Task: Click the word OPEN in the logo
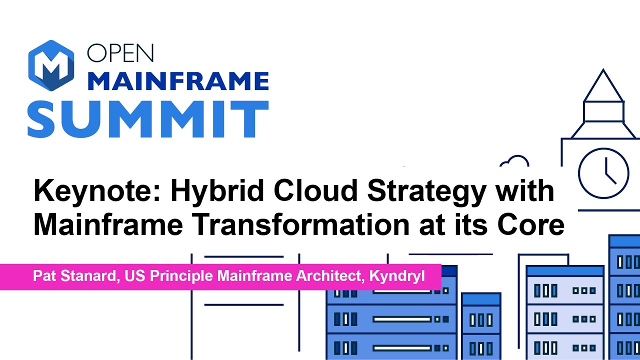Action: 120,52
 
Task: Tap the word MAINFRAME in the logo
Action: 178,81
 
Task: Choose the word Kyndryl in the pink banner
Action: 397,276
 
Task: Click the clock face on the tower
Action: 603,173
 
